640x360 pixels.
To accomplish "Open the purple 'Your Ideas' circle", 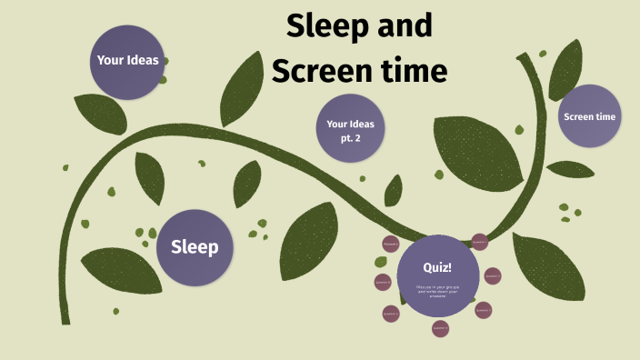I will [128, 61].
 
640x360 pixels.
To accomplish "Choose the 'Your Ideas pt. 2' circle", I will [350, 130].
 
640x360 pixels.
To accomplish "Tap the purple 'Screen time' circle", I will [589, 116].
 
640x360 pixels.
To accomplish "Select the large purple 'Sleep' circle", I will [195, 247].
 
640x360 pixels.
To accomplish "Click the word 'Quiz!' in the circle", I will [437, 267].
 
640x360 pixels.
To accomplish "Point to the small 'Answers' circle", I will [391, 245].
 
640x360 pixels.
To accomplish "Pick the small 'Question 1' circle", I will [479, 242].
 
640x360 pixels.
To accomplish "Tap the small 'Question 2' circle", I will [493, 275].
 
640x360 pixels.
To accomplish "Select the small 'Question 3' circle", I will [483, 310].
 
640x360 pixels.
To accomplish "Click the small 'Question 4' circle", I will [441, 327].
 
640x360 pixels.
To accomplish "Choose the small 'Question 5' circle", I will [392, 315].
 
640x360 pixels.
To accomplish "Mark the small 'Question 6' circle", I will [383, 283].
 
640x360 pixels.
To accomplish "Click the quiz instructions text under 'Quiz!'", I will [437, 291].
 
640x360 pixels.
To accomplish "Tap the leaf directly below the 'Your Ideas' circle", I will [100, 115].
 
